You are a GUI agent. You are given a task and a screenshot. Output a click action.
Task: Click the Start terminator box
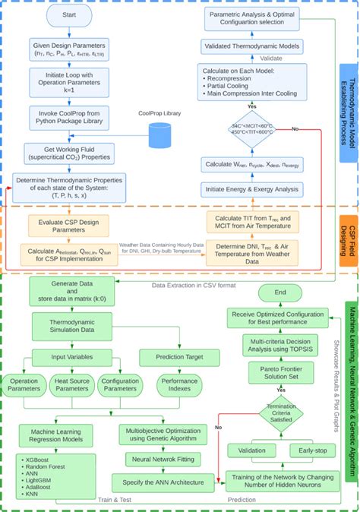click(x=69, y=15)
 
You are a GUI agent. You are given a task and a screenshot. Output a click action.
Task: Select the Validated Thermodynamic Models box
click(x=250, y=46)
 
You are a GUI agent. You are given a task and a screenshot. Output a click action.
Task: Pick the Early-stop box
click(x=311, y=450)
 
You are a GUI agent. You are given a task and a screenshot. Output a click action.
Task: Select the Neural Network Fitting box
click(x=157, y=459)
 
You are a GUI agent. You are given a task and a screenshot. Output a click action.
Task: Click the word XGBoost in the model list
click(x=33, y=460)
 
